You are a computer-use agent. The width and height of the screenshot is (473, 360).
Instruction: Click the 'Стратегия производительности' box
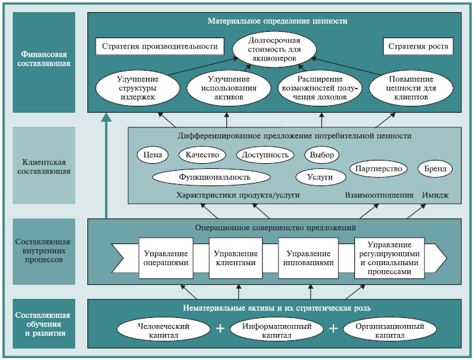(160, 47)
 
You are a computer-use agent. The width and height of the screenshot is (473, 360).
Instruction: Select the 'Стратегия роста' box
(418, 47)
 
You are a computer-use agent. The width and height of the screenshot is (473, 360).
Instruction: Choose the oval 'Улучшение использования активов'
(226, 89)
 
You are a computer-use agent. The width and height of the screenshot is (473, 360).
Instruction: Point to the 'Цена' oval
(151, 155)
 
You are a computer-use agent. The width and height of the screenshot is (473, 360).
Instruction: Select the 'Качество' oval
(203, 155)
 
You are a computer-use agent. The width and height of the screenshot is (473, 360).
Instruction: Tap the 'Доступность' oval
(265, 155)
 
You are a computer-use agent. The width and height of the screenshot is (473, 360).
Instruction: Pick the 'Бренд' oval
(435, 169)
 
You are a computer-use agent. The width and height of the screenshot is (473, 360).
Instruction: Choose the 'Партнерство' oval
(379, 169)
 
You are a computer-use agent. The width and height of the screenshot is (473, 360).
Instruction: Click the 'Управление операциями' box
(166, 258)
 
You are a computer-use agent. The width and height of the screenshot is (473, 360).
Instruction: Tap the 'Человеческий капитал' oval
(163, 329)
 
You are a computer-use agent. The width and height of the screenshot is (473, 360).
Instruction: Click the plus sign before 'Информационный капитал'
(221, 329)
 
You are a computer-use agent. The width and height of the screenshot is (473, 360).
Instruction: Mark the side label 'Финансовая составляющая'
(44, 59)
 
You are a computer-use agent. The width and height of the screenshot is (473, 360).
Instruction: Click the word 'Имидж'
(436, 195)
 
